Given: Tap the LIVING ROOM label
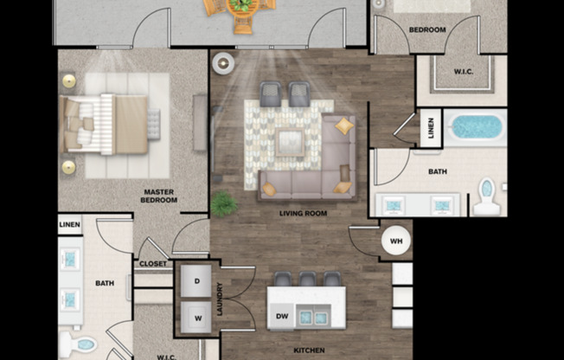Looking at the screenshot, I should click(x=303, y=213).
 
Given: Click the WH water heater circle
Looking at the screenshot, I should click(x=394, y=240).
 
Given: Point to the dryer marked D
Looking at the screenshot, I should click(x=196, y=281).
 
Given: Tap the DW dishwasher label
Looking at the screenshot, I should click(x=281, y=317).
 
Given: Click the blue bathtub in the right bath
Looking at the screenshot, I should click(x=476, y=127).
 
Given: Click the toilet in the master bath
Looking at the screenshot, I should click(x=84, y=344).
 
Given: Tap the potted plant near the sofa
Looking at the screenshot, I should click(x=224, y=203).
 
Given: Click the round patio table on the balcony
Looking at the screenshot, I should click(x=243, y=9).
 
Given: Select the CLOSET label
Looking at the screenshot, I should click(x=152, y=264).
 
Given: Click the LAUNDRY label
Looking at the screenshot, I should click(x=221, y=299).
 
